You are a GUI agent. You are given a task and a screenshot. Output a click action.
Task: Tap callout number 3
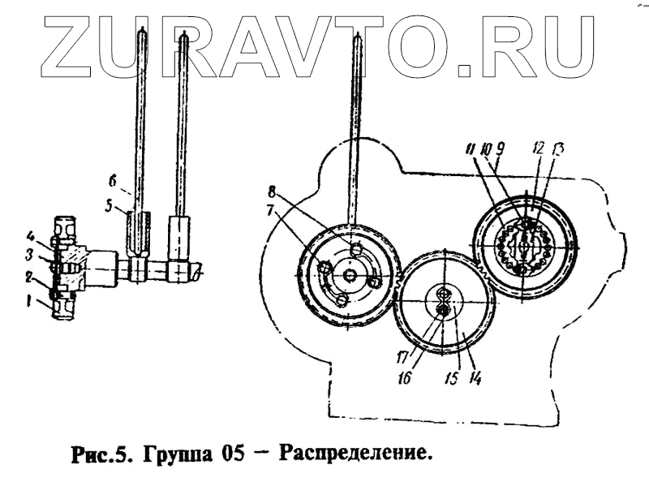pos(28,255)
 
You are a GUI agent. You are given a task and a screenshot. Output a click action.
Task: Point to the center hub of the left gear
pos(349,276)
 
